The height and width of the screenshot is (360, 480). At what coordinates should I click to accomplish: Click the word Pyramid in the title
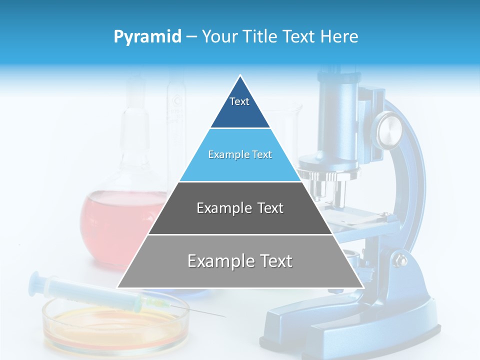point(147,37)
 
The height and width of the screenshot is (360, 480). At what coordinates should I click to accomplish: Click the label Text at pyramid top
point(239,101)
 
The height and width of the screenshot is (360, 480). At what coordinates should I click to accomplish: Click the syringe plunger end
point(35,280)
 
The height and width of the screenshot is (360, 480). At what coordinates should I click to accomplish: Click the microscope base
point(350,325)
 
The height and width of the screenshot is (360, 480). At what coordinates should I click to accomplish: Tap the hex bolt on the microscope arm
point(400,260)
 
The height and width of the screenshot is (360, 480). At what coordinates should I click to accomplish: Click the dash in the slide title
point(191,37)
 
